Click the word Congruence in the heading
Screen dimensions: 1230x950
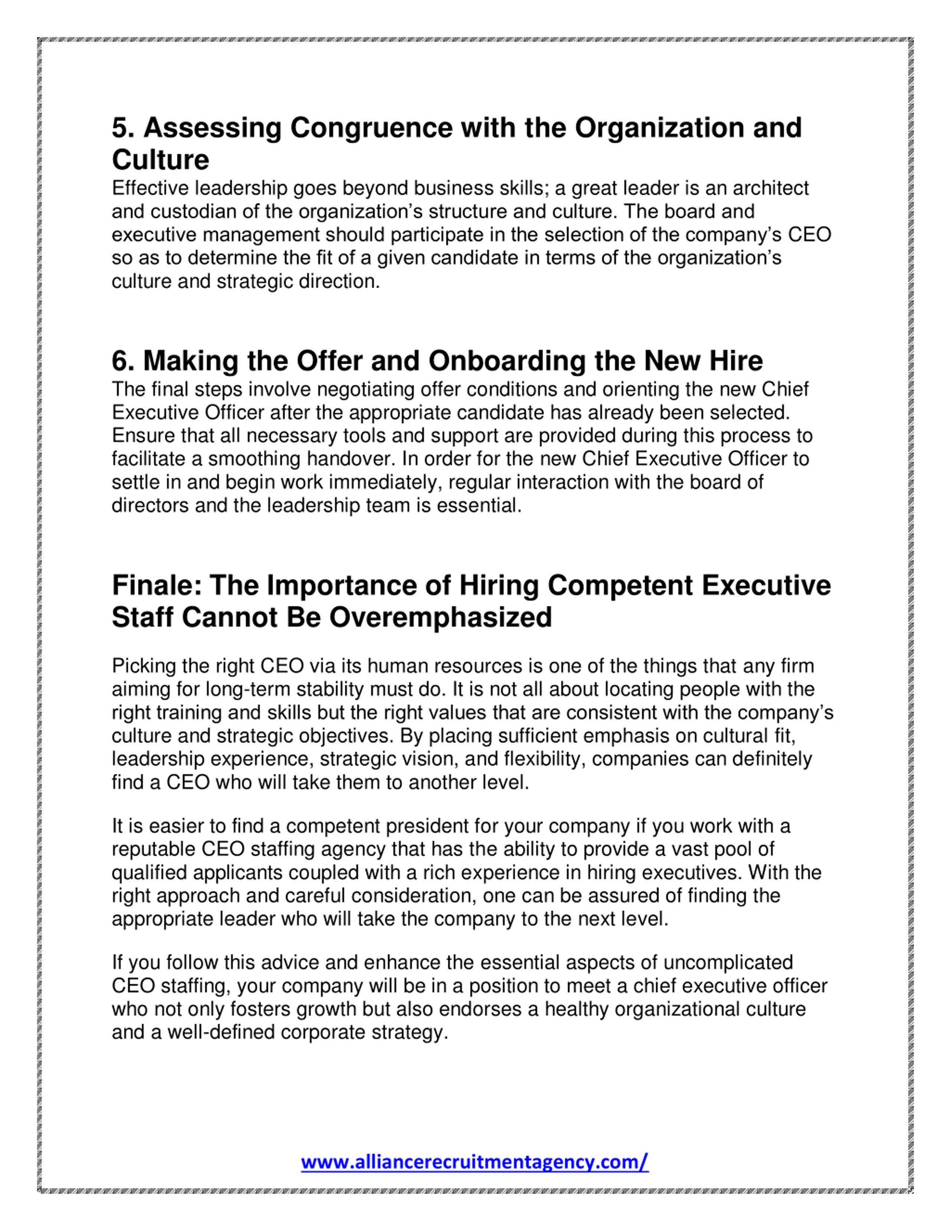click(x=371, y=128)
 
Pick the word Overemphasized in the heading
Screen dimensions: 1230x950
click(x=440, y=618)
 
